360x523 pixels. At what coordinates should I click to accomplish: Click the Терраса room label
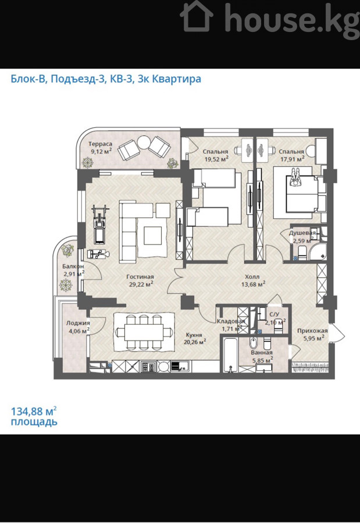pos(100,144)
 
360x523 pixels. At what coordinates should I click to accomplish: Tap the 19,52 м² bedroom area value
pos(216,159)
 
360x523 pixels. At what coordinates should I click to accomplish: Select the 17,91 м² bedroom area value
pos(292,159)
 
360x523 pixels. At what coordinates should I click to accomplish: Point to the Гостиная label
pos(140,277)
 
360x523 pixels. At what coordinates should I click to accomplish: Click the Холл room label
pos(252,277)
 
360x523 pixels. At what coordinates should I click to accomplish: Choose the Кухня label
pos(194,335)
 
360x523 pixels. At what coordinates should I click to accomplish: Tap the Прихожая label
pos(312,331)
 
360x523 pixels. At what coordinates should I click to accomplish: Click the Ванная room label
pos(262,353)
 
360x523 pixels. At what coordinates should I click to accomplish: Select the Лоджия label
pos(78,323)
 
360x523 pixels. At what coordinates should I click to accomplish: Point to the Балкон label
pos(73,267)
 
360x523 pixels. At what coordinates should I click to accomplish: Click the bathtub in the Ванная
pos(230,355)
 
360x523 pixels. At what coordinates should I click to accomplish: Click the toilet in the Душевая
pos(302,253)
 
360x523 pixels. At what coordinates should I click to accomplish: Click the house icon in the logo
pos(197,17)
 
